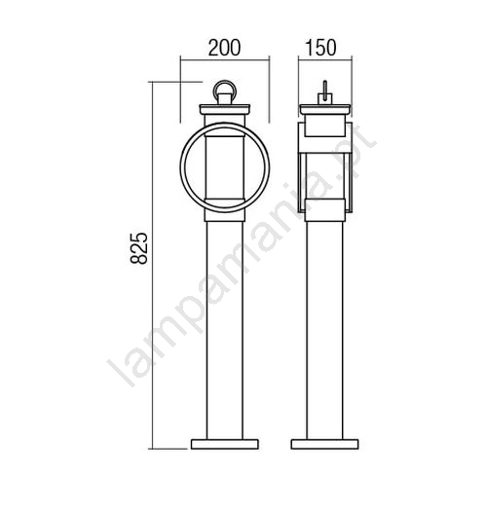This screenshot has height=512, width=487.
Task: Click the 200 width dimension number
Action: tap(224, 48)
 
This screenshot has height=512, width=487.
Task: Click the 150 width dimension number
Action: tap(320, 48)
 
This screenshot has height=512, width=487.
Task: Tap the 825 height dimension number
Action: tap(139, 248)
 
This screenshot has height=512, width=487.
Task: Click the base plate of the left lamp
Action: tap(225, 444)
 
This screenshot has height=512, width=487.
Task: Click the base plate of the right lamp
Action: tap(325, 444)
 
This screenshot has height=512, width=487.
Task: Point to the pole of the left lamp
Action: tap(225, 330)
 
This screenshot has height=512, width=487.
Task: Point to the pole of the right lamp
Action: tap(325, 330)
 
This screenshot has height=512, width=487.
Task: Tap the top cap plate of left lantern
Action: tap(225, 109)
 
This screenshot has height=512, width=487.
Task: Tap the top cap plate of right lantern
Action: tap(325, 109)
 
